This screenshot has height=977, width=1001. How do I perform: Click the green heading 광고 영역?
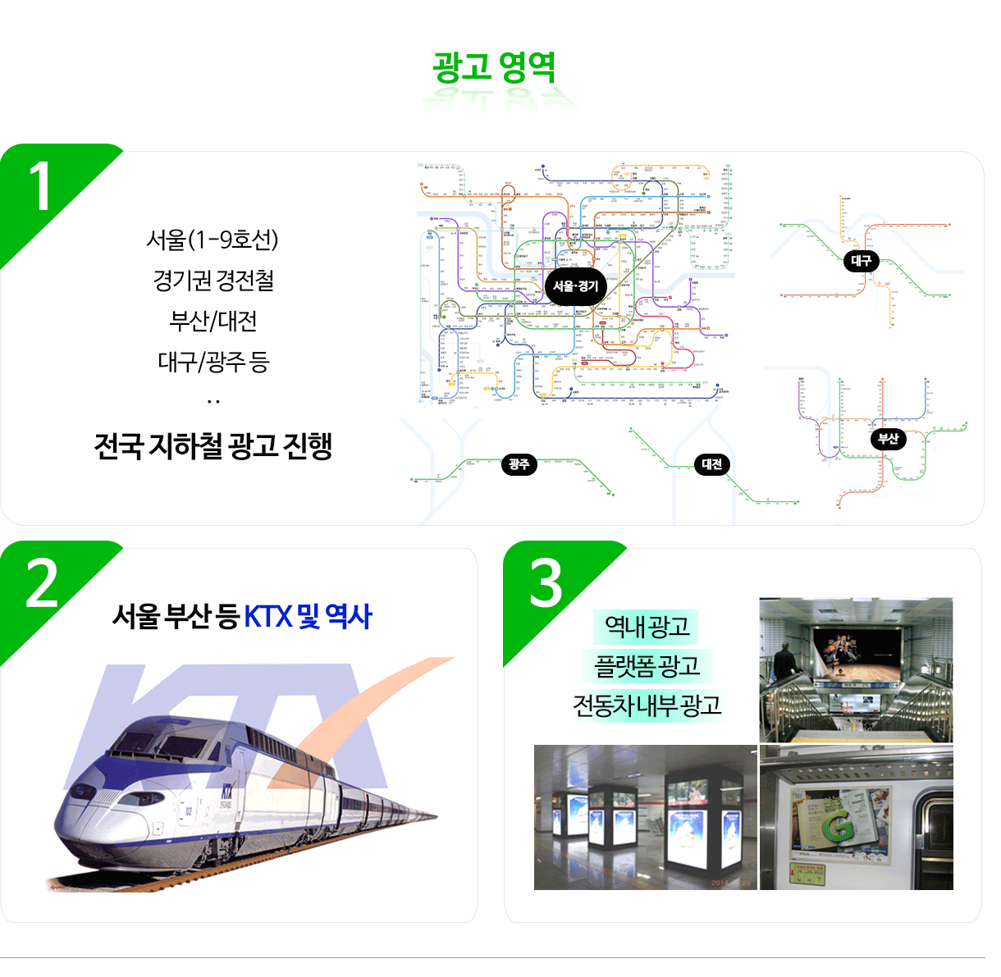coord(494,67)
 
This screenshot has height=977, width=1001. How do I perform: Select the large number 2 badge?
coord(42,584)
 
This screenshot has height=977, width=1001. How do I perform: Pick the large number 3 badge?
coord(546,584)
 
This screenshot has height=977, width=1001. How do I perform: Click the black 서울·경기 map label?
coord(575,286)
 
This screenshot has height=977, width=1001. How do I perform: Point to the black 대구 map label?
coord(861,261)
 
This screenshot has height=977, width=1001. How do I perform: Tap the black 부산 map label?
coord(888,439)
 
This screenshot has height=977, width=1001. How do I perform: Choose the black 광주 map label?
coord(519,464)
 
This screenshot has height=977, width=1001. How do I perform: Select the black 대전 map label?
coord(711,464)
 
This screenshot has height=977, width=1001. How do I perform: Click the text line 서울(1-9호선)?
coord(213,240)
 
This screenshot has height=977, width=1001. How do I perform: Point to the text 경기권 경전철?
coord(213,281)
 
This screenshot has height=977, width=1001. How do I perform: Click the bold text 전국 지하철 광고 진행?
coord(213,446)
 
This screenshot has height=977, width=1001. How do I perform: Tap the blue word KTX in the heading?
coord(268,616)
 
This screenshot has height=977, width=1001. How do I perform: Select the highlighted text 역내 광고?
coord(647,627)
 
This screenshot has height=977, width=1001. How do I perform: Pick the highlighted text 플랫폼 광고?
coord(647,665)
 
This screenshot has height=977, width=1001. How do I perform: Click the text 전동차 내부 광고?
coord(647,705)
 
